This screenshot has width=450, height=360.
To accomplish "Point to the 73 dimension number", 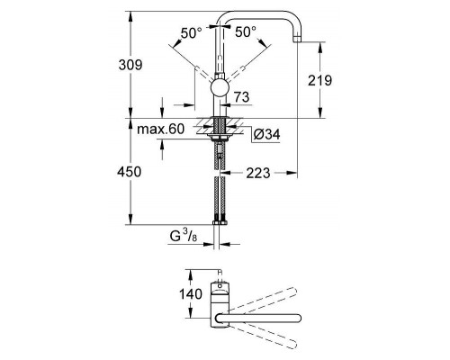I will point(240,96).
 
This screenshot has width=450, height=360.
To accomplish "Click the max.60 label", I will point(161,130).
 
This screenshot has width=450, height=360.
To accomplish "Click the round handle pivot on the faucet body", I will point(219,86).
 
